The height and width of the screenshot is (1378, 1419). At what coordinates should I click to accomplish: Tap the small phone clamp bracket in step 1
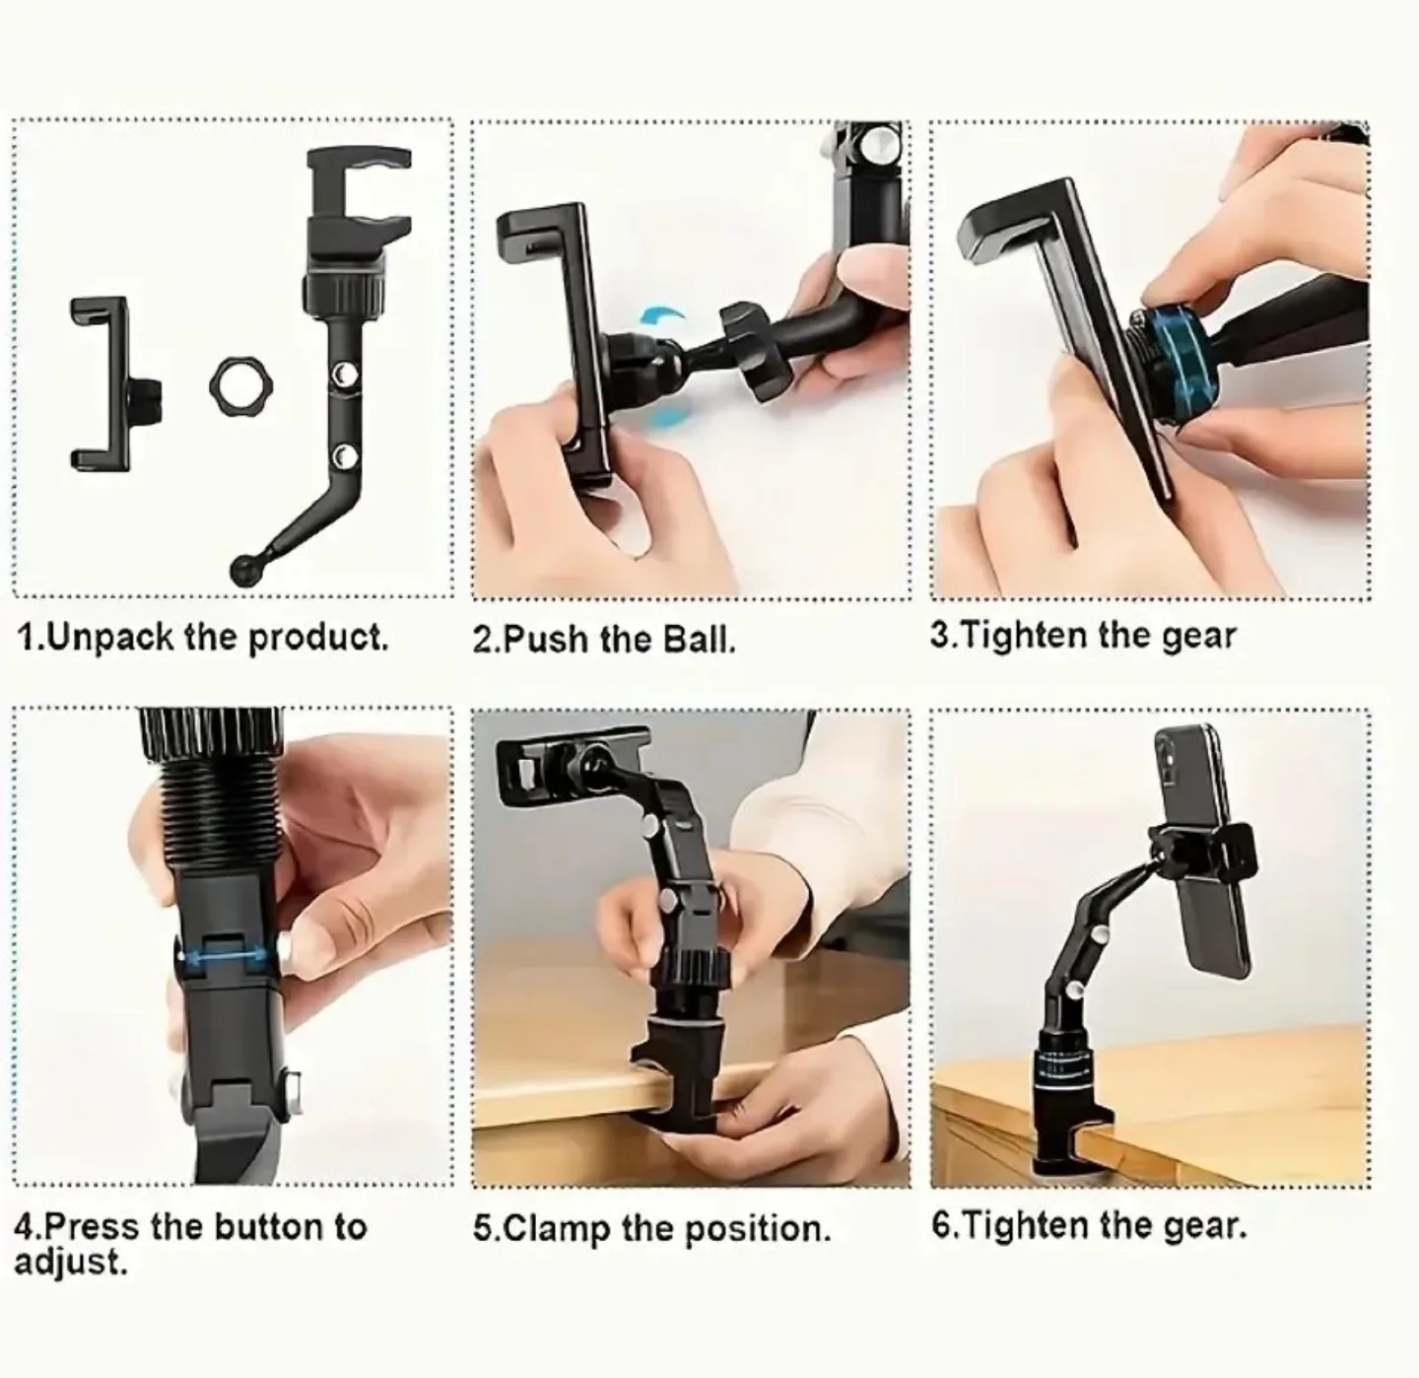coord(101,382)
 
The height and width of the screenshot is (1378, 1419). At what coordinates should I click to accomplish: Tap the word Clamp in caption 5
coord(555,1229)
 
